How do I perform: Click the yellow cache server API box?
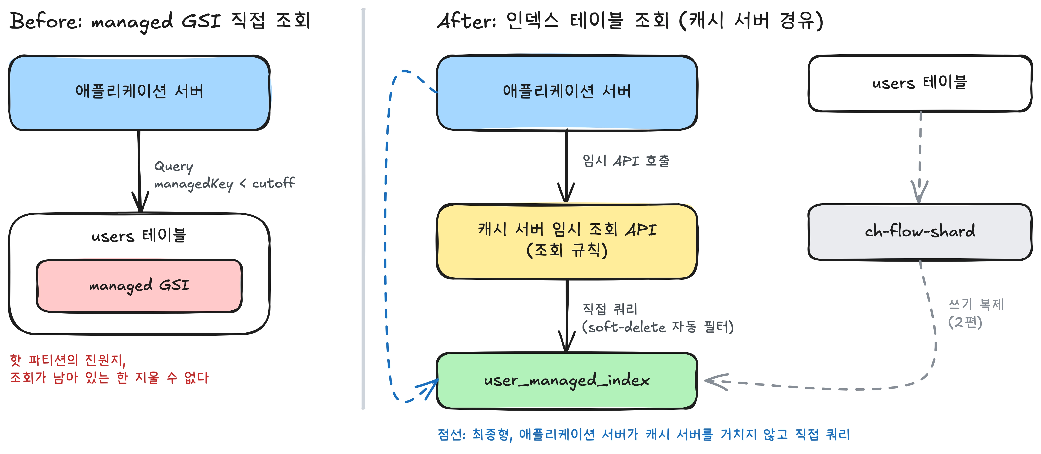567,241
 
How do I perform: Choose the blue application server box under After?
567,92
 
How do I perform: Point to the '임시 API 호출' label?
626,161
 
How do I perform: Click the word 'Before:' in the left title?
46,21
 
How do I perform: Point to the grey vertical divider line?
363,209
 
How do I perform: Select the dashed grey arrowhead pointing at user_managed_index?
716,381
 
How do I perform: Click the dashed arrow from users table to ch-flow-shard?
920,157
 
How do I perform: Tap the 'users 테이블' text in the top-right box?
919,82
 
